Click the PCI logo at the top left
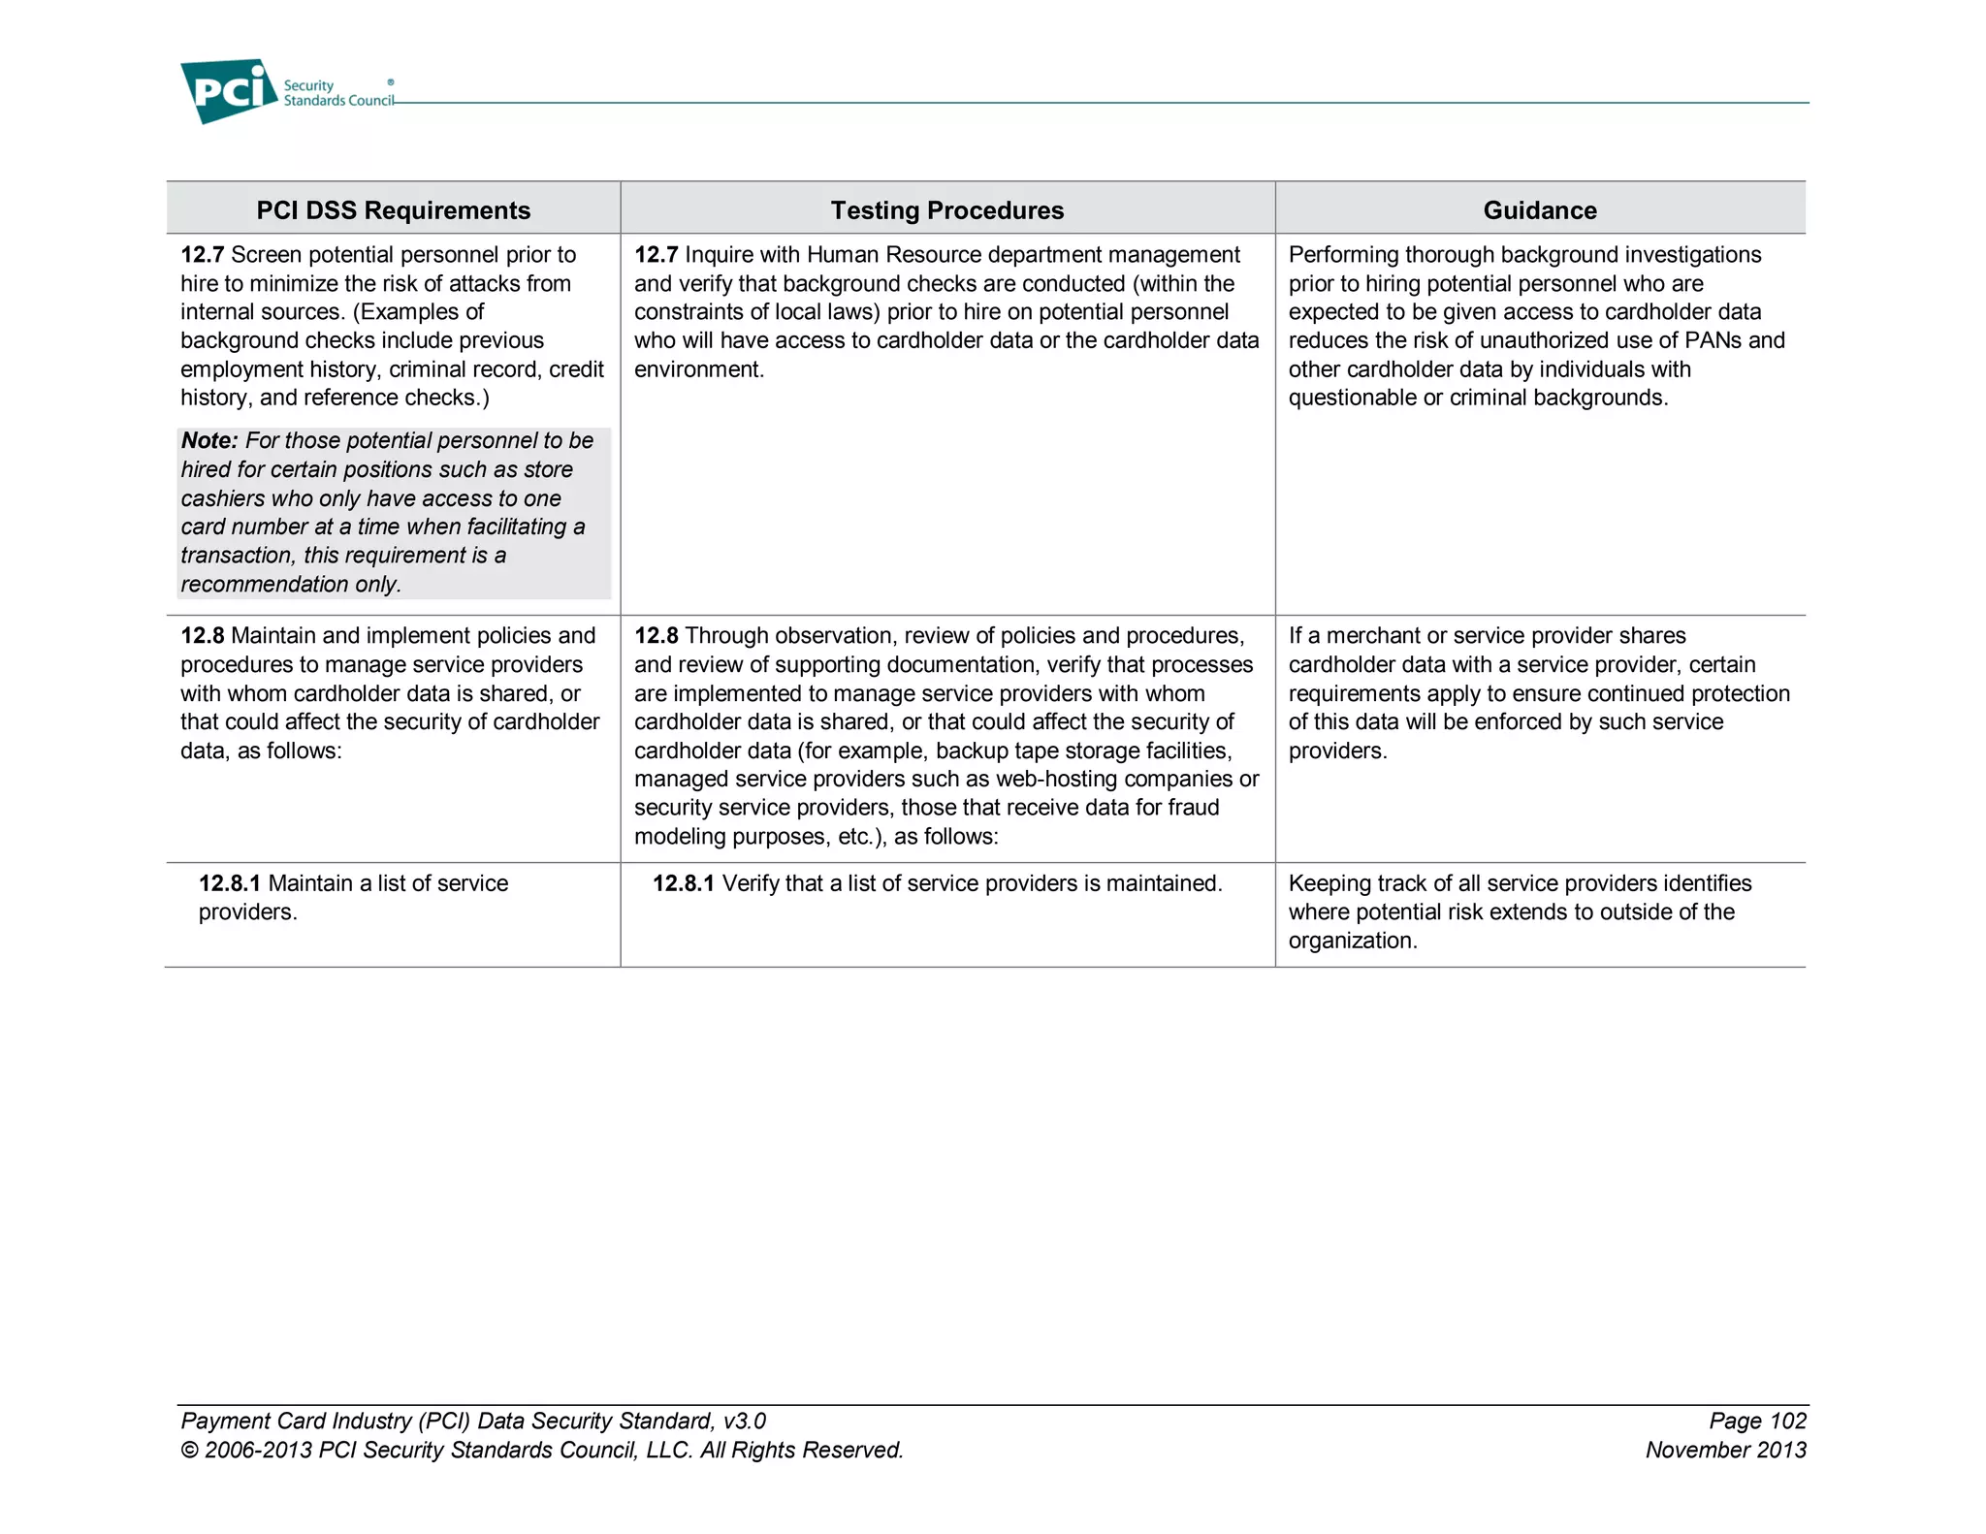tap(229, 91)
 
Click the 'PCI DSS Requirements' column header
tap(393, 210)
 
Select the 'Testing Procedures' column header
tap(946, 210)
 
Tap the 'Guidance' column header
tap(1539, 210)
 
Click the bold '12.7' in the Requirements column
tap(202, 255)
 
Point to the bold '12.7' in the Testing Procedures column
tap(656, 255)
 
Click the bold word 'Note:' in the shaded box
tap(208, 441)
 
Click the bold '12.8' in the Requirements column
tap(202, 636)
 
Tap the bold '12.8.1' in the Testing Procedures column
tap(683, 883)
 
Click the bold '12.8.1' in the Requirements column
tap(229, 883)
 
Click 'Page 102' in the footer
tap(1757, 1422)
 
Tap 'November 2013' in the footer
tap(1725, 1451)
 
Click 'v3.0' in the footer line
tap(744, 1422)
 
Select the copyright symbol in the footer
tap(189, 1452)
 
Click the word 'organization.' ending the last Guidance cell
tap(1352, 941)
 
